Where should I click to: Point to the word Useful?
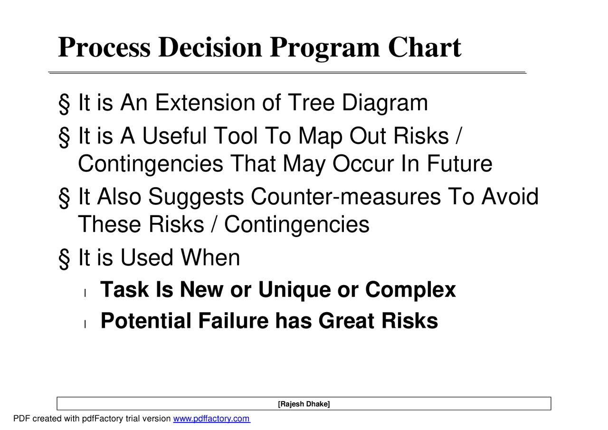click(174, 136)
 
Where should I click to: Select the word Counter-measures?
click(345, 197)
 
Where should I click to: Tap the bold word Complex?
click(410, 290)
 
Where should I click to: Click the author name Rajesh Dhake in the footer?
click(304, 404)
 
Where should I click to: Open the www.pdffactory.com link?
click(211, 419)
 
